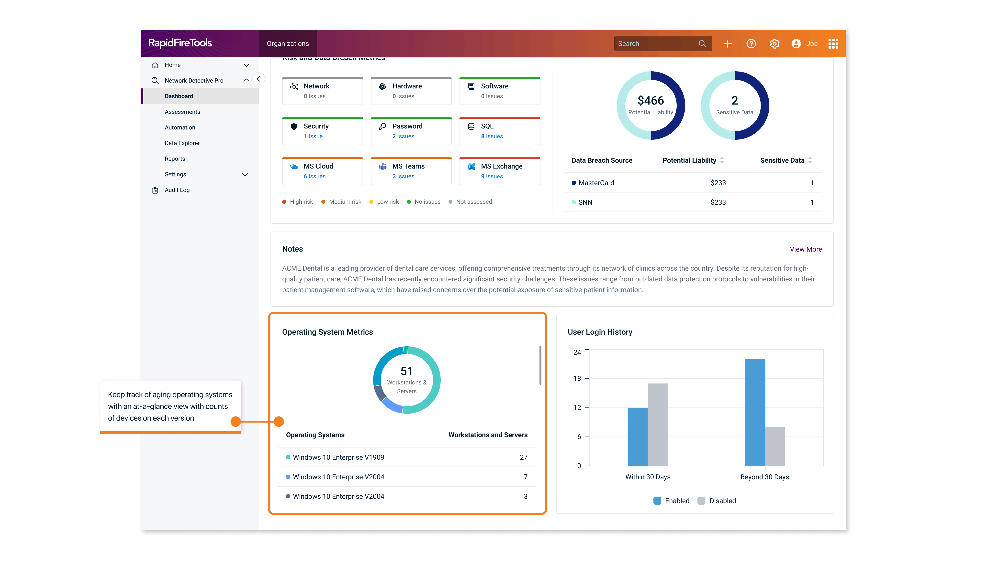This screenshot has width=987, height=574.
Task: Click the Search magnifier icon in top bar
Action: tap(702, 43)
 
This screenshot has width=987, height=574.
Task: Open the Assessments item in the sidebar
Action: tap(182, 112)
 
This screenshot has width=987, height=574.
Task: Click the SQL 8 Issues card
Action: tap(499, 131)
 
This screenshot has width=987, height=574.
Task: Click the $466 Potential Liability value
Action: tap(651, 101)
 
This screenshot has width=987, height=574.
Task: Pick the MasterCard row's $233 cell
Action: tap(718, 183)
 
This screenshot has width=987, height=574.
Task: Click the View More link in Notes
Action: tap(805, 249)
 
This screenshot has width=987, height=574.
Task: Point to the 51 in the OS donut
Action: tap(406, 371)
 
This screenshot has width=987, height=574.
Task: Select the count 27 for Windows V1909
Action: tap(523, 457)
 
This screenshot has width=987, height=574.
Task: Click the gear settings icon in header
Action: tap(774, 44)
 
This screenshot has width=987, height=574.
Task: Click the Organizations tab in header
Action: tap(288, 44)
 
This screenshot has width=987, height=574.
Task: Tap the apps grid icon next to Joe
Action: tap(833, 44)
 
